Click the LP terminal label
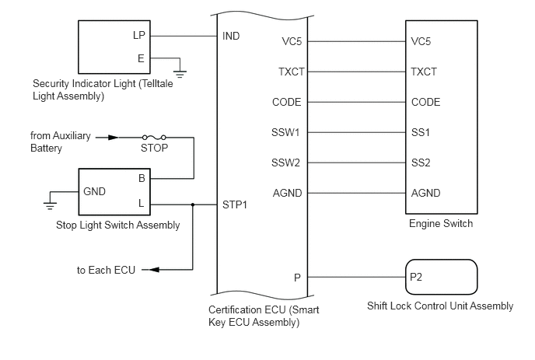tap(139, 35)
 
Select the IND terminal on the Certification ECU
tap(231, 36)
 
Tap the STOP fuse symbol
tap(154, 138)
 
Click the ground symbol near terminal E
tap(180, 74)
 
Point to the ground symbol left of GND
tap(50, 205)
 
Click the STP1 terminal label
tap(235, 204)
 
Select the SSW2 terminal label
tap(285, 163)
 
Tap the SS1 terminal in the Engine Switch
tap(421, 132)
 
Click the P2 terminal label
tap(416, 277)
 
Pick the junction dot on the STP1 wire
tap(193, 204)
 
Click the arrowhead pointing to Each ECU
tap(154, 270)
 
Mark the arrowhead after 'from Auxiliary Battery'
tap(113, 138)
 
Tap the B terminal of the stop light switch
tap(142, 178)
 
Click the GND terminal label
tap(95, 191)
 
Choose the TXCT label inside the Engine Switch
tap(424, 72)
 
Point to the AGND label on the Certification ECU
tap(287, 193)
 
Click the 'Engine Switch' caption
tap(441, 223)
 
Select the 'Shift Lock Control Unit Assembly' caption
tap(440, 306)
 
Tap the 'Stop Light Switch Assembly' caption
tap(117, 225)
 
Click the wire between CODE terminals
tap(357, 102)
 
